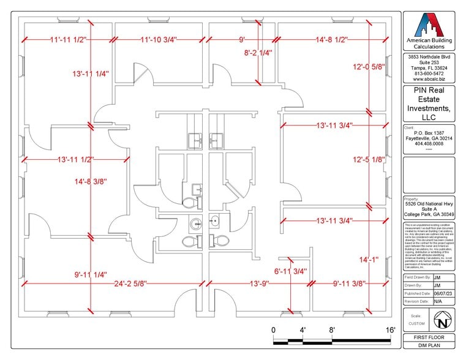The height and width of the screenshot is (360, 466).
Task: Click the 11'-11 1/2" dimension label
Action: (x=69, y=40)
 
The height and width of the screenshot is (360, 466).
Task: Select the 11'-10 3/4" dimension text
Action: (x=159, y=40)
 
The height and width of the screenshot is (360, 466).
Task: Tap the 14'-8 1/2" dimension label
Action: (x=332, y=40)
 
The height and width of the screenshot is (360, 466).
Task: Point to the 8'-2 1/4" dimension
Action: (x=258, y=53)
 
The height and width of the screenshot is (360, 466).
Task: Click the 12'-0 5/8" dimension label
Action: (x=369, y=67)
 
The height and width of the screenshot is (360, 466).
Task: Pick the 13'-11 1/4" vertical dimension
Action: (x=91, y=74)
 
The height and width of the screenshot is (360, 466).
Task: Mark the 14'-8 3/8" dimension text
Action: (x=91, y=181)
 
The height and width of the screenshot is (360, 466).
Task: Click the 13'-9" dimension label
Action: (x=260, y=283)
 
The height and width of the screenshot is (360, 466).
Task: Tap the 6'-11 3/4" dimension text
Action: (x=290, y=271)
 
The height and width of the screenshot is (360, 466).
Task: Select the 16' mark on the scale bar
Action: (x=390, y=331)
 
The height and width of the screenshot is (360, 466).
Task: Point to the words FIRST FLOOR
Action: (x=429, y=337)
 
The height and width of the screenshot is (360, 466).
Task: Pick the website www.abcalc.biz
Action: (x=429, y=79)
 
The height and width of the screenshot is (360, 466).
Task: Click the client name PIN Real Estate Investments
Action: (x=429, y=103)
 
